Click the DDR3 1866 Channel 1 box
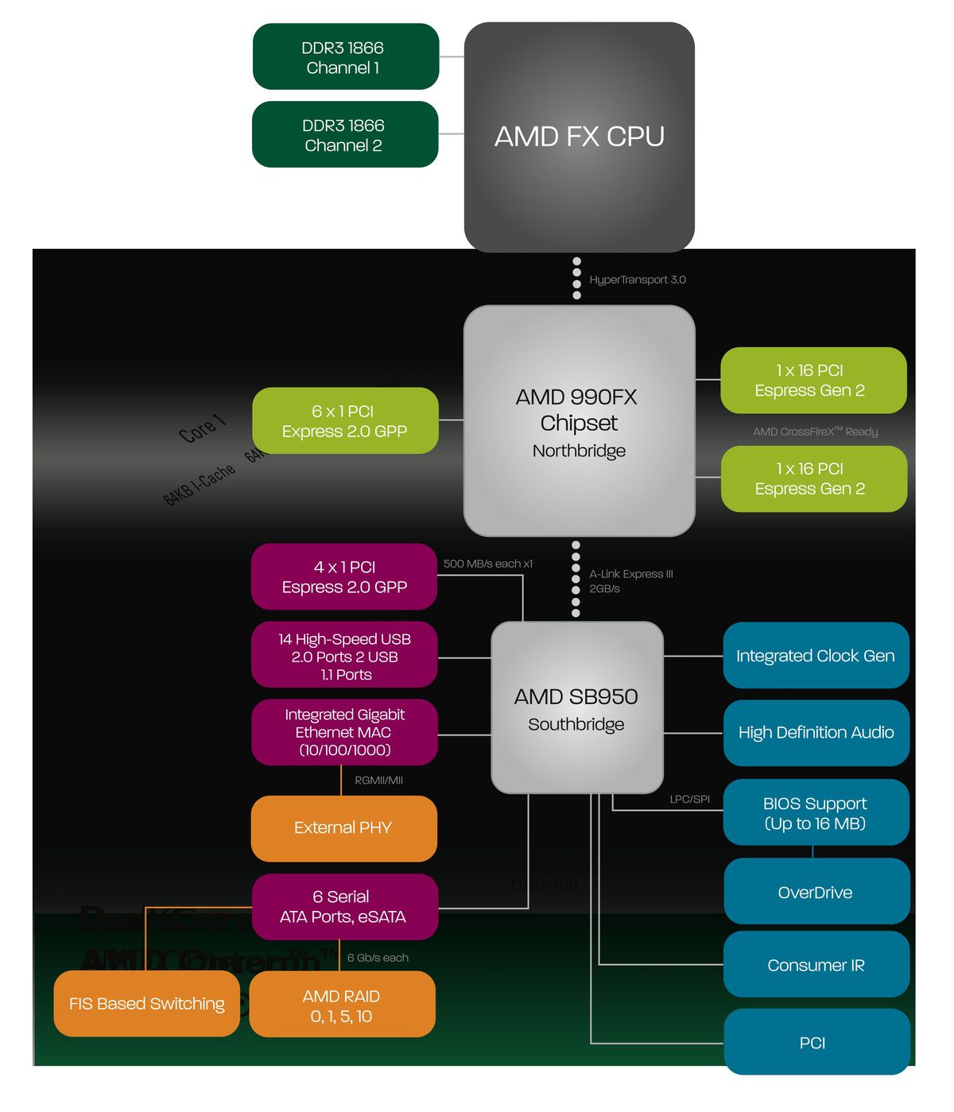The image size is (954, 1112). (x=345, y=56)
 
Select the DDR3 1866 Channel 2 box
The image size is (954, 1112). (x=345, y=134)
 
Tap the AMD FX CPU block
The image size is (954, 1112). (x=579, y=137)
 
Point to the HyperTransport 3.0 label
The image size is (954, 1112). (x=637, y=280)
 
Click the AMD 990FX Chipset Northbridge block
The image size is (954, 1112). (x=579, y=421)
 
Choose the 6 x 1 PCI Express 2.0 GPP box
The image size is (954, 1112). (x=345, y=420)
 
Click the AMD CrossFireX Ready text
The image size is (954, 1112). (x=815, y=432)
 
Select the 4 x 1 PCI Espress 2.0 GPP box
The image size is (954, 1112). (x=343, y=576)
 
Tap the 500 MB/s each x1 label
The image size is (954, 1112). (x=487, y=564)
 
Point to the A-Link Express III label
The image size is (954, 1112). (x=630, y=574)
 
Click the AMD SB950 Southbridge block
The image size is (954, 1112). (x=576, y=707)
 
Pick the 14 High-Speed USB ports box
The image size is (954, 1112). (x=343, y=656)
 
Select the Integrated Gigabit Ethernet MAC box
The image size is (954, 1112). (x=343, y=732)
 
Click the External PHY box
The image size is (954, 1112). (x=343, y=828)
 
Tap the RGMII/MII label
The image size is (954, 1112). (x=378, y=781)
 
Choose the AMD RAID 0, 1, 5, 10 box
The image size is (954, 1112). (x=342, y=1005)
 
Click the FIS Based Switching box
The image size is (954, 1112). (x=146, y=1004)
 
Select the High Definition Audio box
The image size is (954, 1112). (x=816, y=733)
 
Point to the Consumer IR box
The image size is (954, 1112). (x=816, y=965)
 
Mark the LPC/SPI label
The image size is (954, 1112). (x=689, y=799)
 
